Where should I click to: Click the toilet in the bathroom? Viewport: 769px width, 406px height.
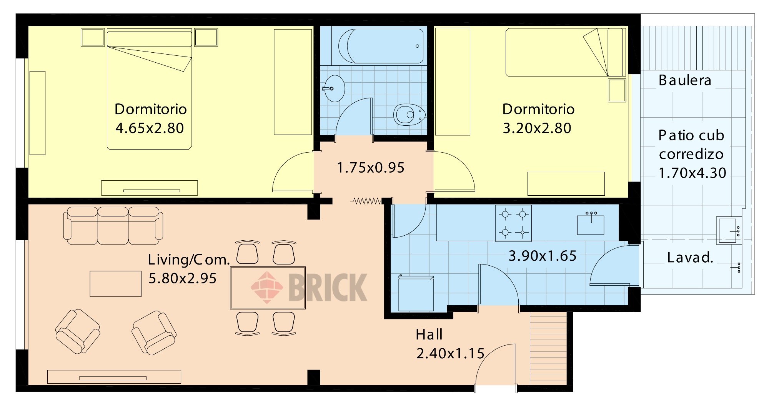click(409, 115)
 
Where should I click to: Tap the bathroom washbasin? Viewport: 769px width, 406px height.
click(334, 88)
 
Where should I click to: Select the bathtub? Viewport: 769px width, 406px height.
click(381, 46)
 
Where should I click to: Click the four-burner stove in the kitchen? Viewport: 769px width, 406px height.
click(513, 223)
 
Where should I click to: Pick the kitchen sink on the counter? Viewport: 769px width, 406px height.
click(591, 223)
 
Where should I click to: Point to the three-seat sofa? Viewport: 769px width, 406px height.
click(113, 225)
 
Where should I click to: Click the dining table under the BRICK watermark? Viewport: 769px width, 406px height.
click(268, 288)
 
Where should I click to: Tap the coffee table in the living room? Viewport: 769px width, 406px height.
click(116, 284)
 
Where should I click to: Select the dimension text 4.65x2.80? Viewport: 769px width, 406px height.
click(150, 128)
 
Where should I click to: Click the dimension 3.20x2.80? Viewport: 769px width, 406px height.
click(537, 128)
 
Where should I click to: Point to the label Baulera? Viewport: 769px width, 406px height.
click(685, 80)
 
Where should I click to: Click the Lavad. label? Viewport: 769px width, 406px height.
click(690, 257)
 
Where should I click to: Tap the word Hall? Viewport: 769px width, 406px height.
click(429, 334)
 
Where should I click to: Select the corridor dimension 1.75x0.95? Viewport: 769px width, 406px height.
click(371, 168)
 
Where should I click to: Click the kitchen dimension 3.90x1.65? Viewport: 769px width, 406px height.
click(543, 256)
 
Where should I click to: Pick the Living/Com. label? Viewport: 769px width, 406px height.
click(189, 260)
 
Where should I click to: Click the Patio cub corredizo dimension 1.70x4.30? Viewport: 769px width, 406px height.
click(692, 173)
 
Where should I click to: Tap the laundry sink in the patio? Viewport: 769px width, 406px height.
click(727, 230)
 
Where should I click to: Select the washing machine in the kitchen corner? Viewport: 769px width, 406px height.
click(416, 293)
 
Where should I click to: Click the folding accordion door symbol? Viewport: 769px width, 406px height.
click(366, 201)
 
